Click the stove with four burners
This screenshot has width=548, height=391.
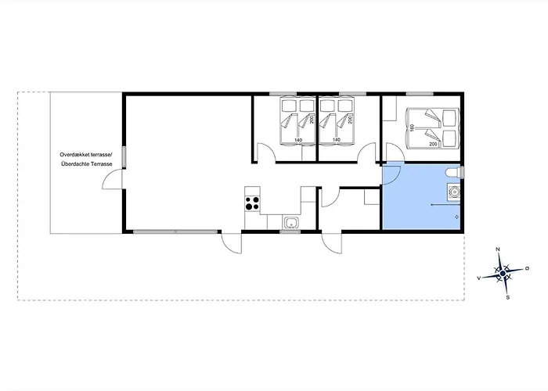tap(252, 203)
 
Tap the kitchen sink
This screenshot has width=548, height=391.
tap(290, 222)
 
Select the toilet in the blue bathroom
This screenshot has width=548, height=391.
tap(453, 173)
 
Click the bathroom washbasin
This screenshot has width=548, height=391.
tap(454, 192)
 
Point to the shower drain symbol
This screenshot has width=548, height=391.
tap(456, 217)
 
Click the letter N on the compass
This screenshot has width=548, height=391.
tap(498, 249)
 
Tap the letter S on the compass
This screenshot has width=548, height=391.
tap(508, 297)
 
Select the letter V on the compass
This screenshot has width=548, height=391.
tap(479, 278)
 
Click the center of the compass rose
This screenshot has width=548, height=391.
tap(503, 273)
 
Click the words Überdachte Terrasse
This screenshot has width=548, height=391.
tap(86, 163)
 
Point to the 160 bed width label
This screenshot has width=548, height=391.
tap(413, 127)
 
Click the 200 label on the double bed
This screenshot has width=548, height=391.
tap(433, 144)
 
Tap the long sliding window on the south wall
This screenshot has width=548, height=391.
tap(175, 231)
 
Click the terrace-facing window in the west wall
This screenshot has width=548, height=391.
tap(124, 157)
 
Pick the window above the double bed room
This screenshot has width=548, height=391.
tap(420, 94)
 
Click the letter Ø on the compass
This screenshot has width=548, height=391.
tap(527, 268)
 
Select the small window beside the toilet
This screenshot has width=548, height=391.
tap(463, 173)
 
